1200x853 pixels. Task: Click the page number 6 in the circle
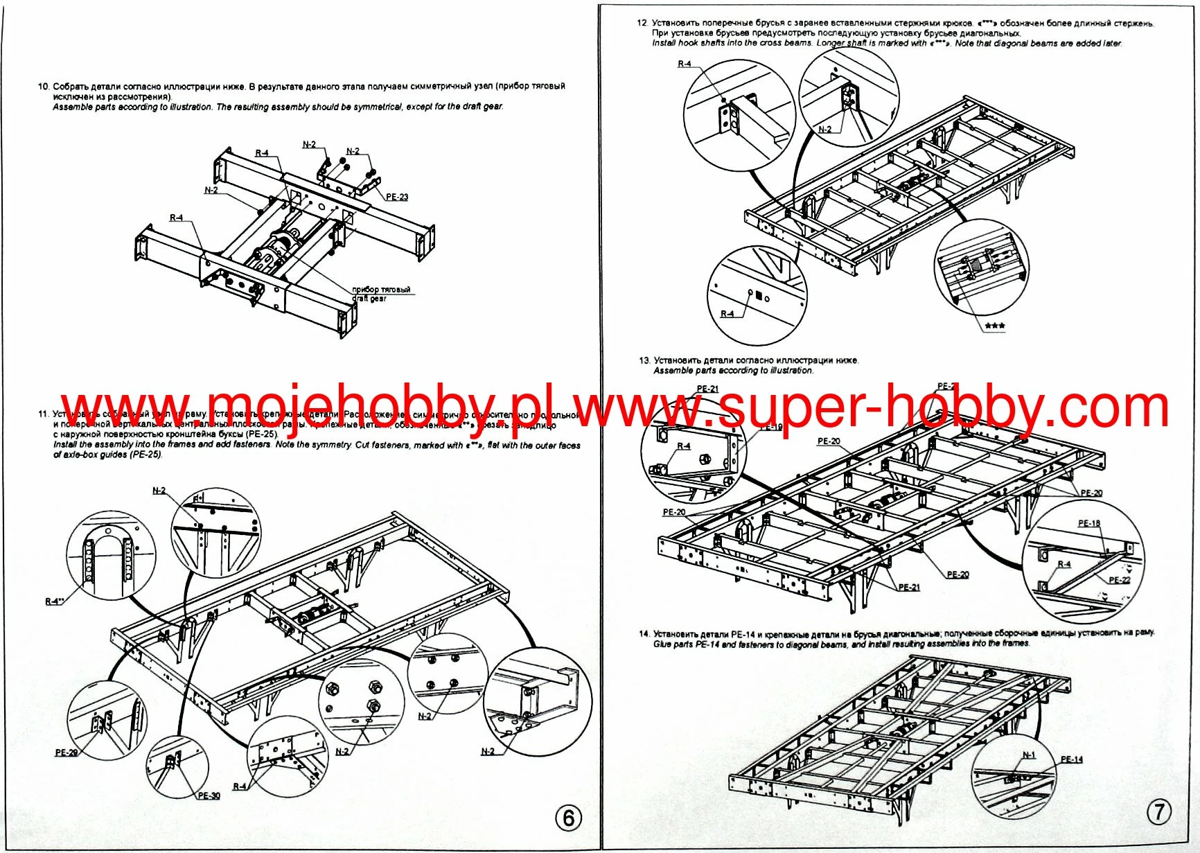[568, 818]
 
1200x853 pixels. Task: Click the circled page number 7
[1158, 811]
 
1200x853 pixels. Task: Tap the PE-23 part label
[397, 197]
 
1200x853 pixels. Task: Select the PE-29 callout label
[67, 752]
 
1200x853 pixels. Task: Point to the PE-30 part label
[209, 795]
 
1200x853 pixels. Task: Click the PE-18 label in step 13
[1088, 523]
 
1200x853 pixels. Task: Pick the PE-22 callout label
[1119, 580]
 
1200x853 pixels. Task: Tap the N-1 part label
[1029, 755]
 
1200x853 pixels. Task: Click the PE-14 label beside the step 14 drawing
[1071, 759]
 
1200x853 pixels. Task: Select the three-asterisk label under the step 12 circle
[995, 326]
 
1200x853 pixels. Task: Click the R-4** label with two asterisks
[54, 601]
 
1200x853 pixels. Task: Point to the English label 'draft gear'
[369, 299]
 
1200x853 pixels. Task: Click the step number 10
[43, 87]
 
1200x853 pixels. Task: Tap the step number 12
[642, 23]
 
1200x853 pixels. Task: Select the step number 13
[644, 360]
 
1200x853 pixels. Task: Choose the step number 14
[644, 633]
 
